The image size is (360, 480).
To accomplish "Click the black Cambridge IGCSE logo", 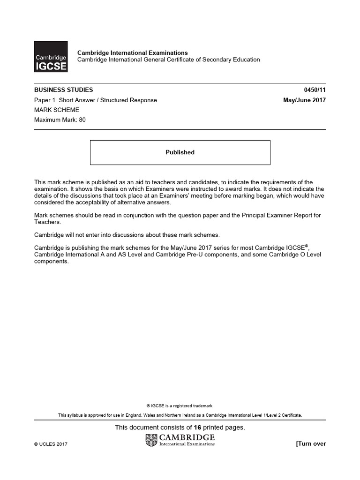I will pyautogui.click(x=51, y=57).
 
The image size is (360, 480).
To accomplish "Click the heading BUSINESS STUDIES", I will pyautogui.click(x=64, y=90).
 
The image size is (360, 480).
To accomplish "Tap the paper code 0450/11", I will pyautogui.click(x=315, y=90).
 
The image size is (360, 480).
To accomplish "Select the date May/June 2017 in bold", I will pyautogui.click(x=304, y=100).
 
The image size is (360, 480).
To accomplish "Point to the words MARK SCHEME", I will pyautogui.click(x=57, y=110).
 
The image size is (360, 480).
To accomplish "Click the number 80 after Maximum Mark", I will pyautogui.click(x=82, y=120).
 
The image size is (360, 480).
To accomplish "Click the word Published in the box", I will pyautogui.click(x=180, y=152).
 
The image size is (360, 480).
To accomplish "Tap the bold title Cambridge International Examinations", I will pyautogui.click(x=132, y=53).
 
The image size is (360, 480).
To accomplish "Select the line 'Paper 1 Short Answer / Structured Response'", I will pyautogui.click(x=96, y=100).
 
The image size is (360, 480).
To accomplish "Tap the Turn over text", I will pyautogui.click(x=311, y=444).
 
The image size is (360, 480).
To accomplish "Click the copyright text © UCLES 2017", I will pyautogui.click(x=51, y=444).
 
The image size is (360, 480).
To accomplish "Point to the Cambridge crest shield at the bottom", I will pyautogui.click(x=152, y=440).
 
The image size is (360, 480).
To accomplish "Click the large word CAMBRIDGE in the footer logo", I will pyautogui.click(x=187, y=437).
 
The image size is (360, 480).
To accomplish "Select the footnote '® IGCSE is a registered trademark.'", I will pyautogui.click(x=180, y=406).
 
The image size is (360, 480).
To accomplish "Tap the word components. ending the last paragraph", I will pyautogui.click(x=52, y=262).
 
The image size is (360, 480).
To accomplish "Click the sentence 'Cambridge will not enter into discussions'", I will pyautogui.click(x=127, y=235).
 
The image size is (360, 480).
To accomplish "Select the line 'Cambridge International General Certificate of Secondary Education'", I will pyautogui.click(x=168, y=60).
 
